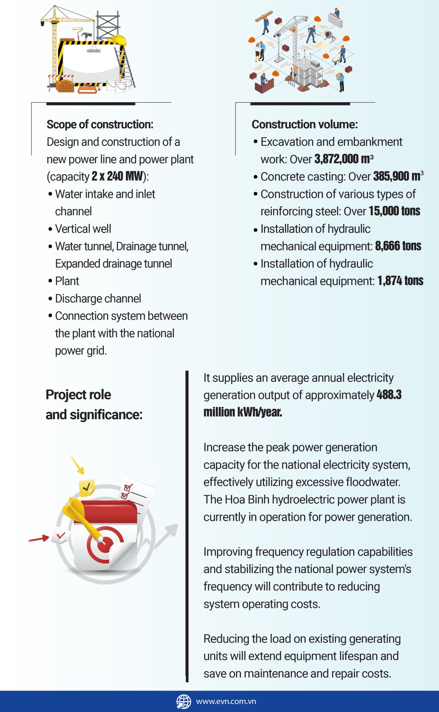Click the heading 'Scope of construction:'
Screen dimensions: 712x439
coord(100,125)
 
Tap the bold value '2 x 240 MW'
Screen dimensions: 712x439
coord(117,177)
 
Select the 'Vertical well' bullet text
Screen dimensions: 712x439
coord(83,229)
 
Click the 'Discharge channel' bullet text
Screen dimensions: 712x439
coord(98,299)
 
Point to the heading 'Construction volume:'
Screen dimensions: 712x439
coord(304,125)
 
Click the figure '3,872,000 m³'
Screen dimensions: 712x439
coord(344,159)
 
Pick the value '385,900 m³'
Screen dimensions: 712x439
coord(398,177)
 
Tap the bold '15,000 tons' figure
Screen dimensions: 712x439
coord(394,211)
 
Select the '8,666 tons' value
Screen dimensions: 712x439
coord(398,246)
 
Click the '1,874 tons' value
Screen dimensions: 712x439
coord(400,281)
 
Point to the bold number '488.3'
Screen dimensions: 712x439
coord(389,395)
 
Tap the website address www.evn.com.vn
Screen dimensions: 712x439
coord(226,701)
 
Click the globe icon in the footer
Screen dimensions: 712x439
coord(184,701)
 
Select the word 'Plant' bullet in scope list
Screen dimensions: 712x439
coord(67,281)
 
